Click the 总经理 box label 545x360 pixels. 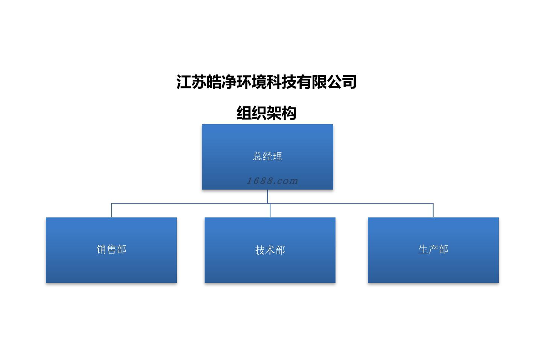267,156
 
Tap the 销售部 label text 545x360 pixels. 111,249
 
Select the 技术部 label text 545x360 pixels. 270,250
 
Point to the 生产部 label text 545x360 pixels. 433,249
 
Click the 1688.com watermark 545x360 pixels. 272,181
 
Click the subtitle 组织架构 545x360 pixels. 266,113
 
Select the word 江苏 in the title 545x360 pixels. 191,82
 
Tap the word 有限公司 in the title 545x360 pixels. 326,82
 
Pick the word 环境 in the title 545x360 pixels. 252,82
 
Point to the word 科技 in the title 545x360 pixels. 282,82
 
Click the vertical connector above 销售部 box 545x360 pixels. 111,210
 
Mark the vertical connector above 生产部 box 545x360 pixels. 433,210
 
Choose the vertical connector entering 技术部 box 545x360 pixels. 270,211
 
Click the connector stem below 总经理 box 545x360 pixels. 267,196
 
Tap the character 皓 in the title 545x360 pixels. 214,82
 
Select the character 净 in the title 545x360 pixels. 229,82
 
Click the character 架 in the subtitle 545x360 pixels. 274,113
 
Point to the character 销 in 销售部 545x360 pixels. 102,249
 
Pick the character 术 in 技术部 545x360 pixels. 270,250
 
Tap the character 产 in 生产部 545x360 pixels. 433,249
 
